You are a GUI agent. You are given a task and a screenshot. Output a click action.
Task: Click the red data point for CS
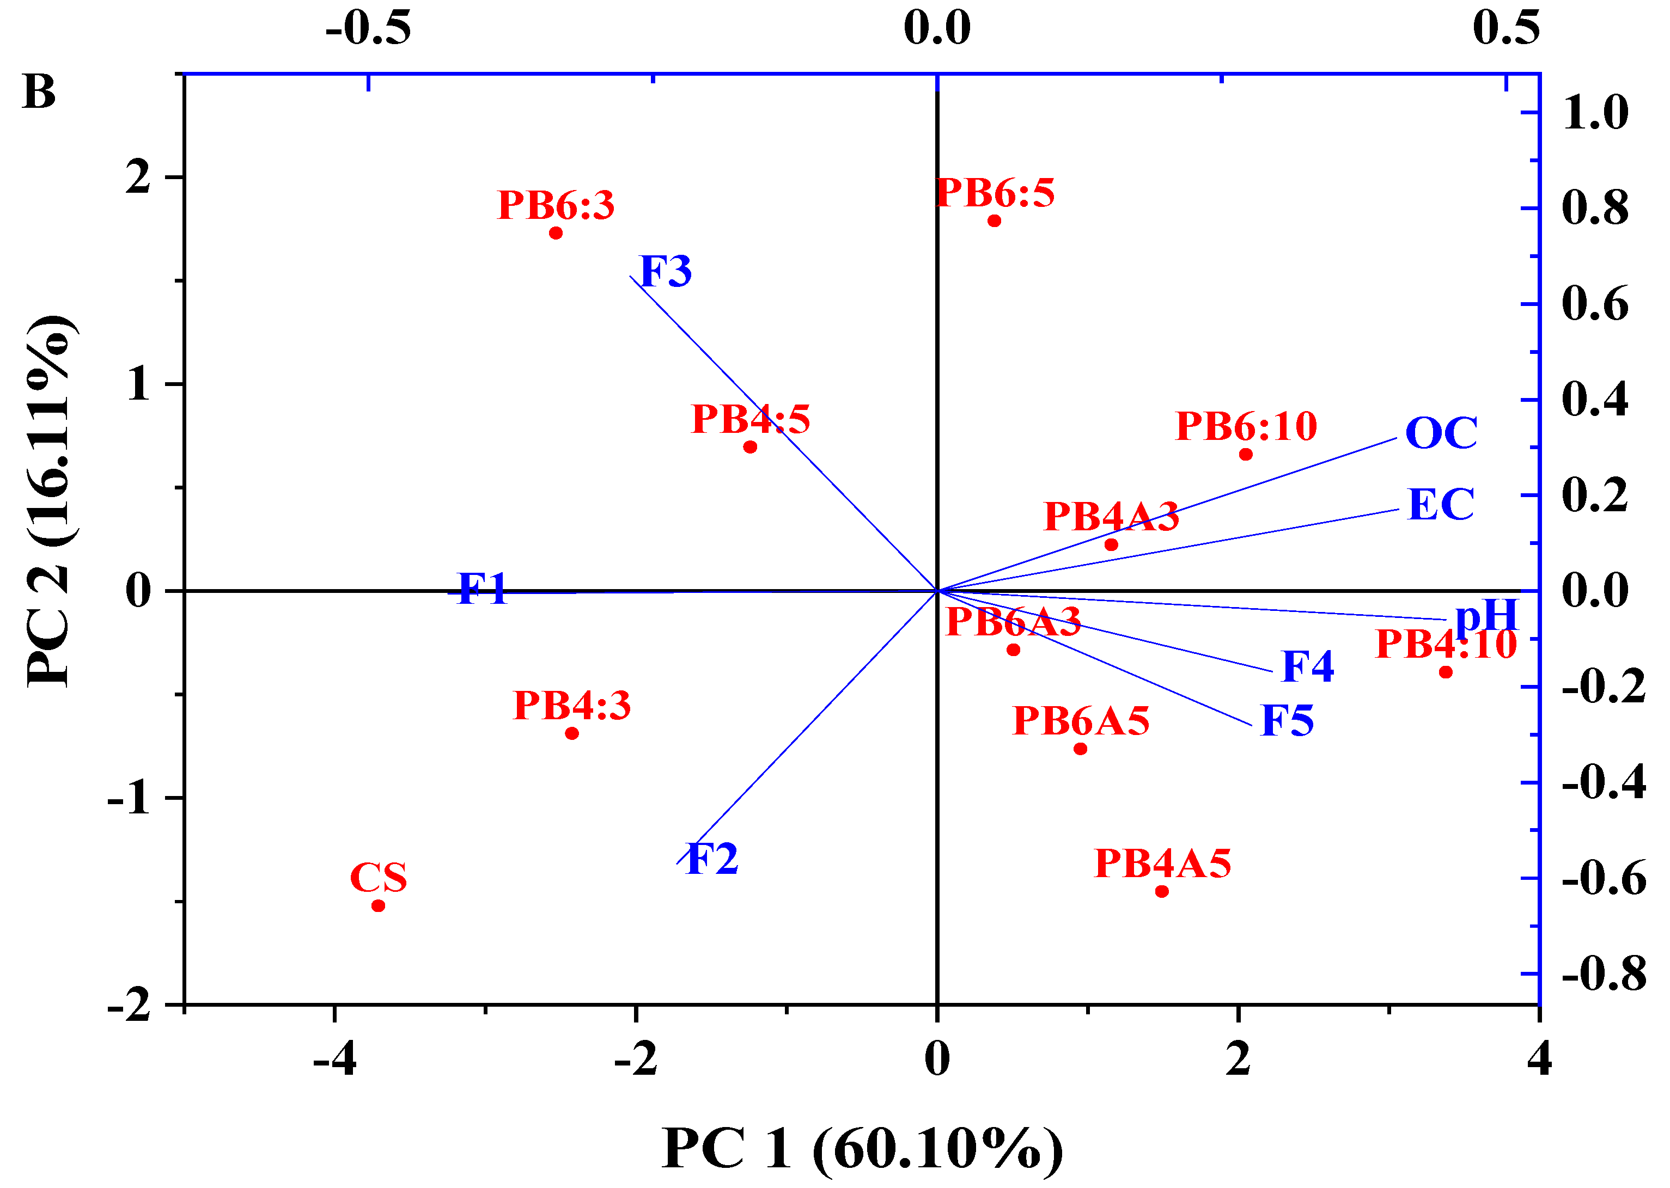pos(379,905)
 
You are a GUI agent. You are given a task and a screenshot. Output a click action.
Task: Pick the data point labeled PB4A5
pos(1161,891)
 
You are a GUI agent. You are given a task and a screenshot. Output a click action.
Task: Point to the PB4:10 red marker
pos(1446,671)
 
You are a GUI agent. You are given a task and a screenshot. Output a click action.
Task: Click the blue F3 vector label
pos(665,271)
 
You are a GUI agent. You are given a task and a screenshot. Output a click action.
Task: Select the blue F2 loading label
pos(711,859)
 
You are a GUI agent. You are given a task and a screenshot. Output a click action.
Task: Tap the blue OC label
pos(1441,432)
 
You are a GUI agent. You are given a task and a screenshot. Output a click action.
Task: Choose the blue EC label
pos(1440,504)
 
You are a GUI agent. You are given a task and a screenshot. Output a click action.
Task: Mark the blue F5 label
pos(1287,720)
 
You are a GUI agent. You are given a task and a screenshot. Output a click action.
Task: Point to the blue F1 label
pos(482,589)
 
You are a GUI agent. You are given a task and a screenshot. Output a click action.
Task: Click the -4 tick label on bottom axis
pos(334,1058)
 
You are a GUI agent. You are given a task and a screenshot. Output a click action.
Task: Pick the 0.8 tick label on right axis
pos(1595,208)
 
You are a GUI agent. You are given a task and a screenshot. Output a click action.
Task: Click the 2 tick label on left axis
pos(138,177)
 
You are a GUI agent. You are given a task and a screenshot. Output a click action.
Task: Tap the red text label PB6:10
pos(1246,426)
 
